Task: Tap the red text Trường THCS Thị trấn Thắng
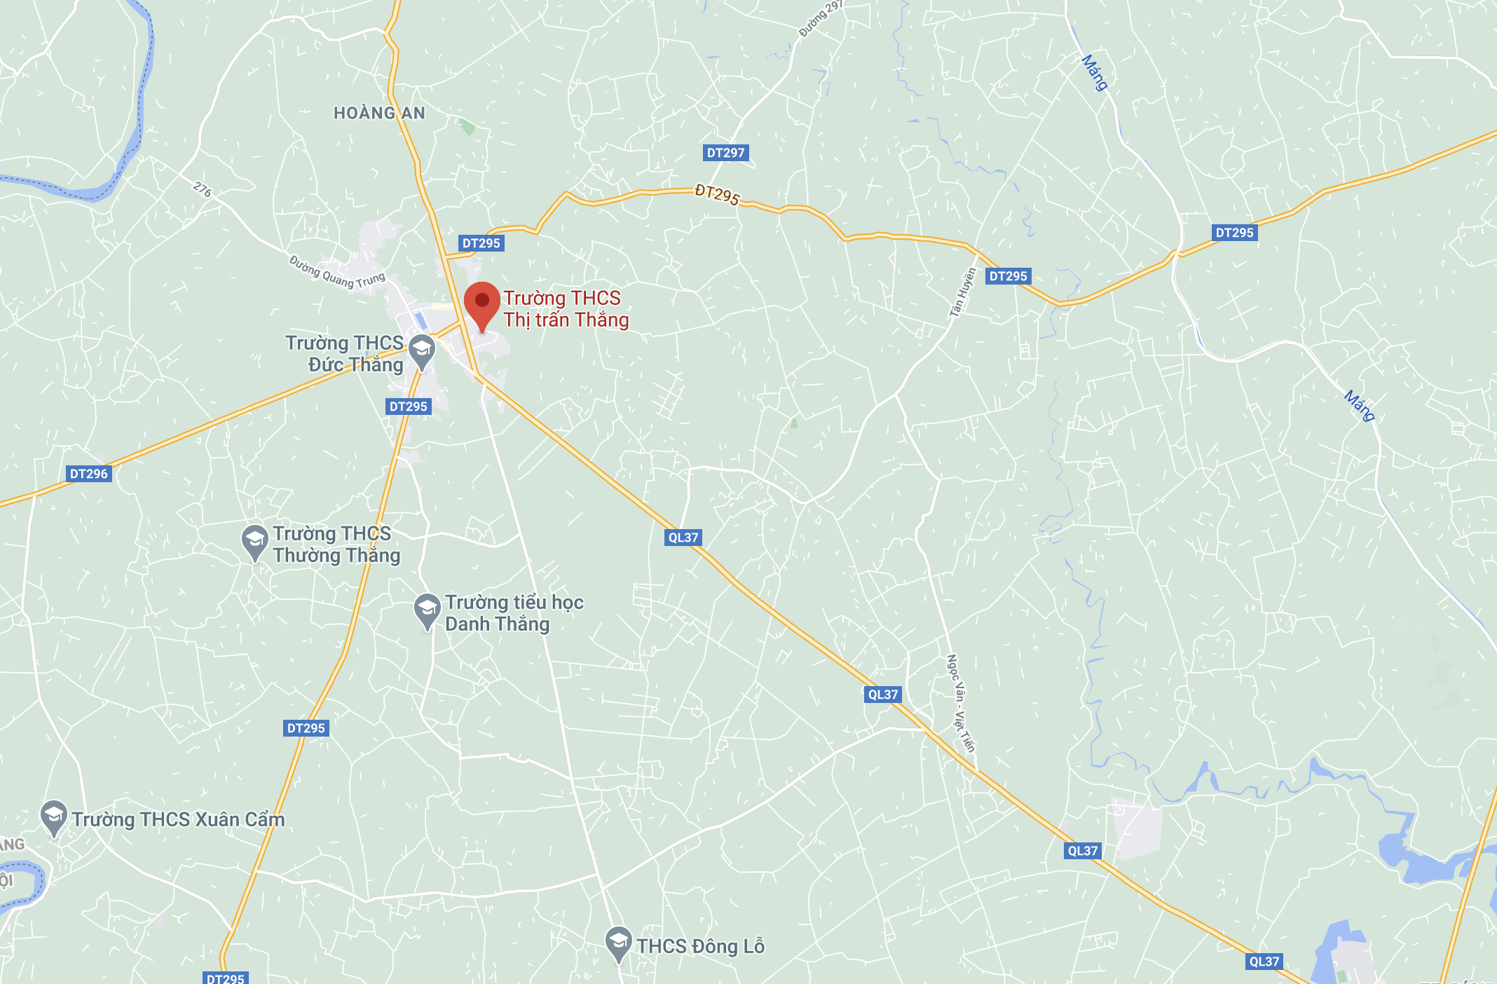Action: tap(566, 309)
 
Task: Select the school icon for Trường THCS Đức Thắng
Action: tap(422, 350)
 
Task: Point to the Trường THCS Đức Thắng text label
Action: tap(345, 354)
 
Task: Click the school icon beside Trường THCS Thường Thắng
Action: tap(254, 540)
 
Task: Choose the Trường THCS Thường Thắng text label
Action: tap(336, 545)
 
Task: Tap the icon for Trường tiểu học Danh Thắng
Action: tap(427, 610)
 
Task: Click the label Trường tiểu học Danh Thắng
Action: tap(514, 613)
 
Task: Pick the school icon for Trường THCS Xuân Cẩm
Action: tap(53, 816)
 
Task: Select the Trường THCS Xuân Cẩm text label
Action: tap(178, 819)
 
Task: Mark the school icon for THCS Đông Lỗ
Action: tap(618, 943)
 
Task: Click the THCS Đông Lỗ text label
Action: tap(700, 946)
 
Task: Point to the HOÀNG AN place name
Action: tap(379, 113)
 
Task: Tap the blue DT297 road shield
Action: tap(725, 153)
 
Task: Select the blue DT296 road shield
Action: tap(89, 474)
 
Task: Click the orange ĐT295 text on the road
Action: tap(717, 194)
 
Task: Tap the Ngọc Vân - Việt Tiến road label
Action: tap(960, 703)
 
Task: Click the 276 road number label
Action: tap(202, 189)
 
